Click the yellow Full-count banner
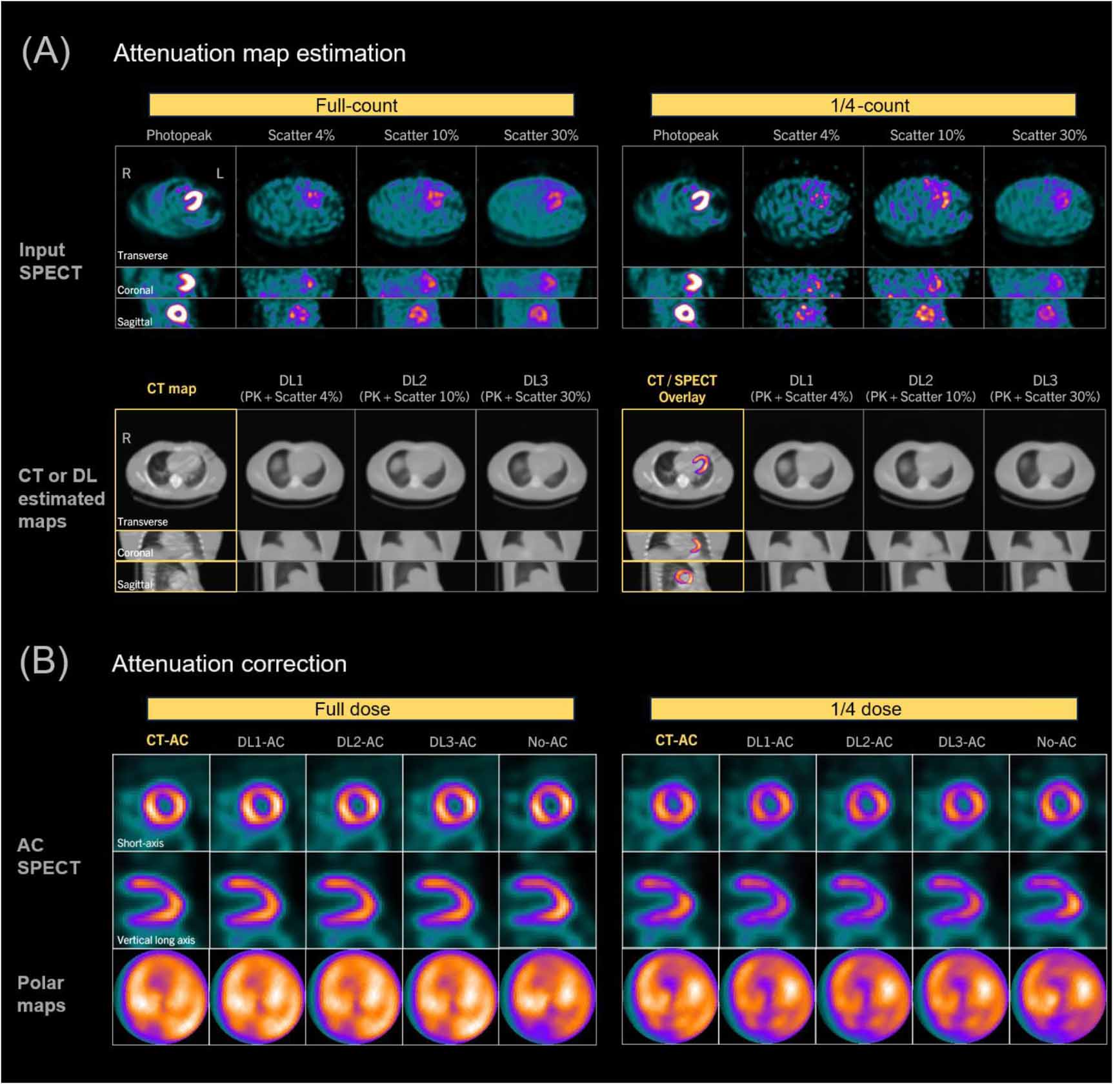coord(361,105)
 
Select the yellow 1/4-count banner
coord(863,105)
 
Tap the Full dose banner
coord(360,709)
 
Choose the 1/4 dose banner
coord(863,709)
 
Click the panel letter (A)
coord(46,52)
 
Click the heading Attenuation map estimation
coord(259,53)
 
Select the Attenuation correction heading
coord(229,664)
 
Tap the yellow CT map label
coord(172,389)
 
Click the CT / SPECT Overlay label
coord(682,389)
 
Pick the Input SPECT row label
coord(50,261)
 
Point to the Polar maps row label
coord(41,994)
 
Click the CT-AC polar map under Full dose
coord(161,997)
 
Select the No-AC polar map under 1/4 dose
coord(1058,997)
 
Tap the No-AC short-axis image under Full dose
coord(548,803)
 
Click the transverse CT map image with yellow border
coord(175,470)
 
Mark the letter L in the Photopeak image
coord(220,174)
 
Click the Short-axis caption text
coord(140,843)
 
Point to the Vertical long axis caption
coord(155,940)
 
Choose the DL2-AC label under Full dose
coord(360,742)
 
